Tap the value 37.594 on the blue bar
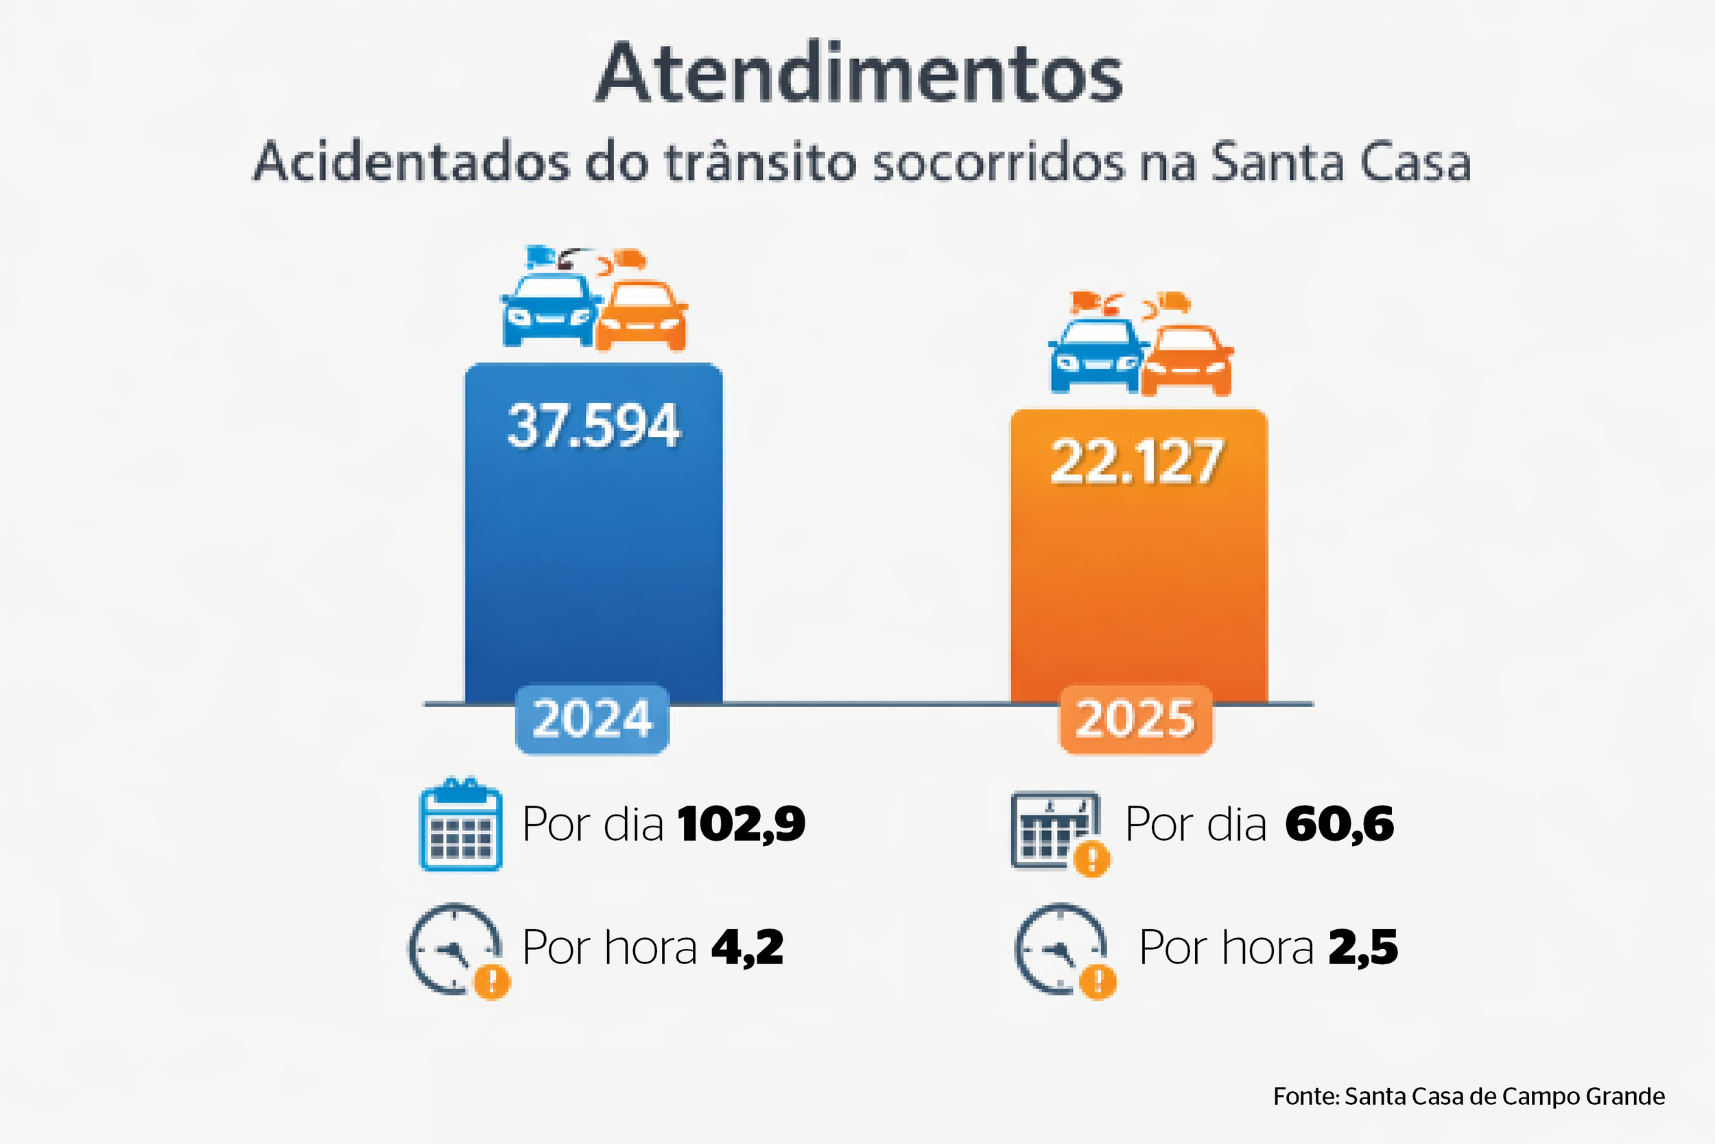click(x=593, y=426)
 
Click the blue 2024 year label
click(x=592, y=719)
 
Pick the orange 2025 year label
click(x=1135, y=719)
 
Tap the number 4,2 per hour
click(x=747, y=948)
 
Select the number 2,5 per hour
click(x=1363, y=948)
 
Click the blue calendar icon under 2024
click(x=461, y=826)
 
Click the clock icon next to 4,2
click(x=456, y=949)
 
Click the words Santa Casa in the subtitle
click(x=1340, y=162)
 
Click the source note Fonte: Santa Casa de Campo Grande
click(x=1469, y=1097)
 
